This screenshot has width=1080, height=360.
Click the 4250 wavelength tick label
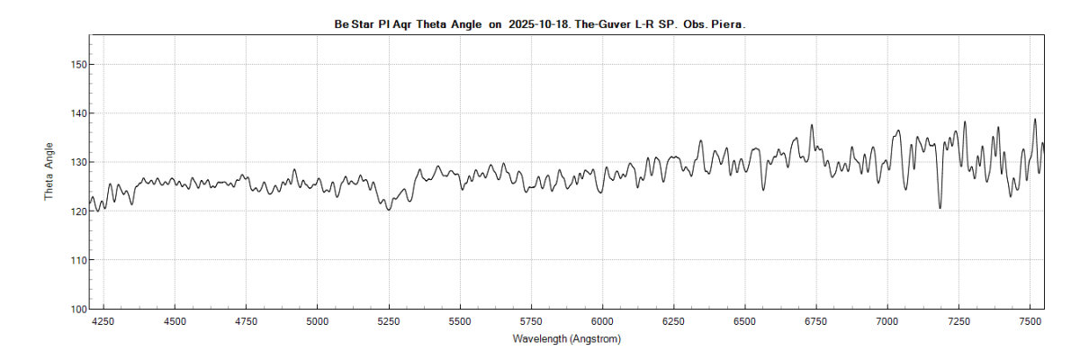103,321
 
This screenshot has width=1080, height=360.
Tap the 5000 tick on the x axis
318,321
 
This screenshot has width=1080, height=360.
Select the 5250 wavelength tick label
389,321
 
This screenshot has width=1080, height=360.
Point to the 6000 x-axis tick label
602,321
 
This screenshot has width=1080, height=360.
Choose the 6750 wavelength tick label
816,321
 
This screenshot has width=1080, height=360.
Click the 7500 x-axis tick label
1030,321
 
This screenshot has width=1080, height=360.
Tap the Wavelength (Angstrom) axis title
566,339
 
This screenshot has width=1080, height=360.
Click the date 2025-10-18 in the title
536,25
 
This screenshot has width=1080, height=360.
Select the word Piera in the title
729,25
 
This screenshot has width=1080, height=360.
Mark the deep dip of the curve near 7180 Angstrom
940,208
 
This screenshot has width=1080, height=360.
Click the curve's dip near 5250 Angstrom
389,210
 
